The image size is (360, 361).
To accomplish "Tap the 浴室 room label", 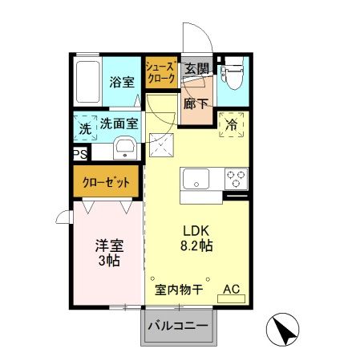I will tap(121, 81).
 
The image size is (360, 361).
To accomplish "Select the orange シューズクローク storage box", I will tap(161, 74).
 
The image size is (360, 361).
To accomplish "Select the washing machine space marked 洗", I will tap(85, 126).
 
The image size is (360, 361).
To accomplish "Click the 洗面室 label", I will tap(119, 124).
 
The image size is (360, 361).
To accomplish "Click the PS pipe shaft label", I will tap(79, 155).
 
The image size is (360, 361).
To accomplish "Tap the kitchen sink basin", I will tap(196, 178).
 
